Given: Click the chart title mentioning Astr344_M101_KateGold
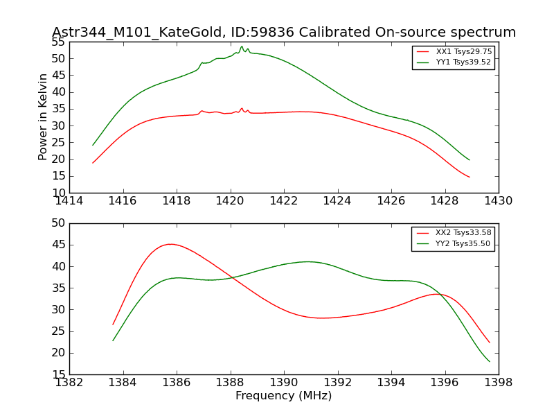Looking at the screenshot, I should click(x=284, y=33).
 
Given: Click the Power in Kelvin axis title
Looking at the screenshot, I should click(x=44, y=116).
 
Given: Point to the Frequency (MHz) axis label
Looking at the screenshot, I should click(x=284, y=396).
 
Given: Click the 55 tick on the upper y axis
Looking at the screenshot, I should click(x=57, y=42).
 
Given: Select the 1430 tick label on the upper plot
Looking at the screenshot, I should click(x=498, y=201).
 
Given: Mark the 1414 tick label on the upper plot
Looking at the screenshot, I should click(x=70, y=201).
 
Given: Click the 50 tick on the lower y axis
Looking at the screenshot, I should click(x=57, y=223).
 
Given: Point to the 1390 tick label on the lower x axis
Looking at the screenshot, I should click(x=284, y=383).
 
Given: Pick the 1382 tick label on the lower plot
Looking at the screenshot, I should click(x=70, y=383).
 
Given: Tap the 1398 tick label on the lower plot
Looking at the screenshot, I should click(x=498, y=383).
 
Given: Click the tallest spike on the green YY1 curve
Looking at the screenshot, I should click(x=242, y=46).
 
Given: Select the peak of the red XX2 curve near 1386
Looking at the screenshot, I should click(x=170, y=244).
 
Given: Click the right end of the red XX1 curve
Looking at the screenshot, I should click(x=469, y=177).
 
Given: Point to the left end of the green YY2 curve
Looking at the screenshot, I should click(x=113, y=340).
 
